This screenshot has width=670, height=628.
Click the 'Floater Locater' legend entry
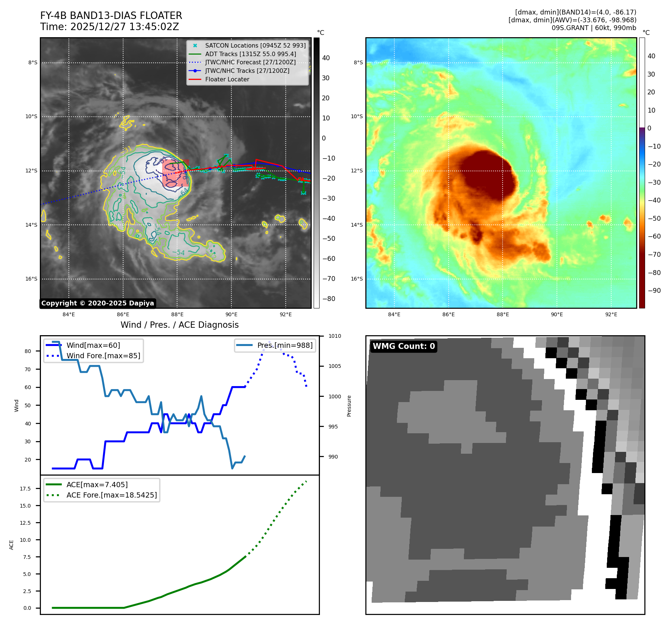tap(227, 79)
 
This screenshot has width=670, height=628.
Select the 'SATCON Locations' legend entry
tap(255, 45)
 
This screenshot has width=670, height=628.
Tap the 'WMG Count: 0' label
tap(404, 346)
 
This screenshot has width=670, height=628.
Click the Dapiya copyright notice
tap(97, 303)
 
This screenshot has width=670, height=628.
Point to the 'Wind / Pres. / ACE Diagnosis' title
tap(179, 325)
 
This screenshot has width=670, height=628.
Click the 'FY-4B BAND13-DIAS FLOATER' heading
tap(111, 16)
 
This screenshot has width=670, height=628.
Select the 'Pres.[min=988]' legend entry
tap(285, 345)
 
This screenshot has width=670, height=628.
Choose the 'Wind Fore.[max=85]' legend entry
tap(103, 356)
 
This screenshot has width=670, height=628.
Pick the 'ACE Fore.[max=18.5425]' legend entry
tap(112, 495)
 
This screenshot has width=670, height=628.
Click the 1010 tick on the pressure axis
tap(334, 336)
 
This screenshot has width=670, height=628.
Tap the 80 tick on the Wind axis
tap(28, 351)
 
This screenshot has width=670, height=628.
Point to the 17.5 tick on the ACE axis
tap(25, 489)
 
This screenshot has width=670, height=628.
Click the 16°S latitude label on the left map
tap(31, 279)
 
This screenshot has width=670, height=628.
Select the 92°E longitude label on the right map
tap(611, 315)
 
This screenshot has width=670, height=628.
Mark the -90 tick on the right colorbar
tap(654, 291)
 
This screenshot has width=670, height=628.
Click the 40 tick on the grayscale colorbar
tap(326, 58)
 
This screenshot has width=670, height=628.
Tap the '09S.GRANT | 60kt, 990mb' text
tap(594, 28)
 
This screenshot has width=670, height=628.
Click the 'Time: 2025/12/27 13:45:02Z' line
tap(109, 27)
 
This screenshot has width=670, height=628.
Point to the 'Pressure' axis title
tap(349, 406)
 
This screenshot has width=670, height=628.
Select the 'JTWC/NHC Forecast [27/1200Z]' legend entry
tap(250, 62)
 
